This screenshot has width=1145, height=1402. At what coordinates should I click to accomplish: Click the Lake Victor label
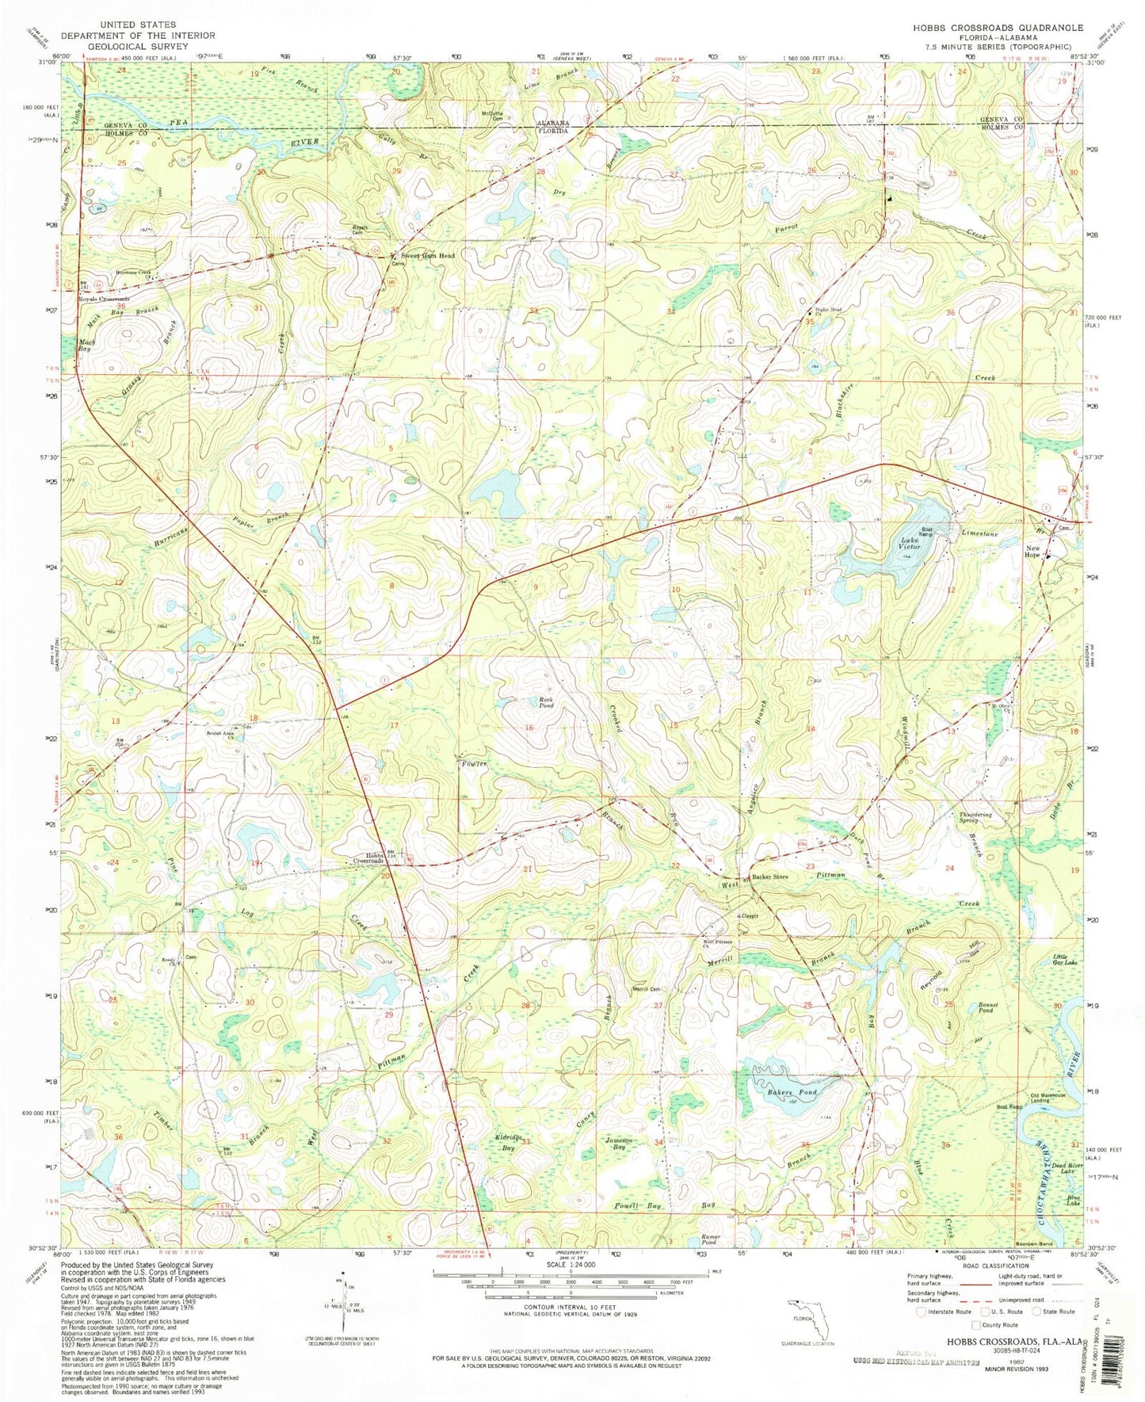tap(910, 545)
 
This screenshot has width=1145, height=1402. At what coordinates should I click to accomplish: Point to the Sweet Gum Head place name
tap(427, 256)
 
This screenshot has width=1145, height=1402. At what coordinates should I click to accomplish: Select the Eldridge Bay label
tap(509, 1142)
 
